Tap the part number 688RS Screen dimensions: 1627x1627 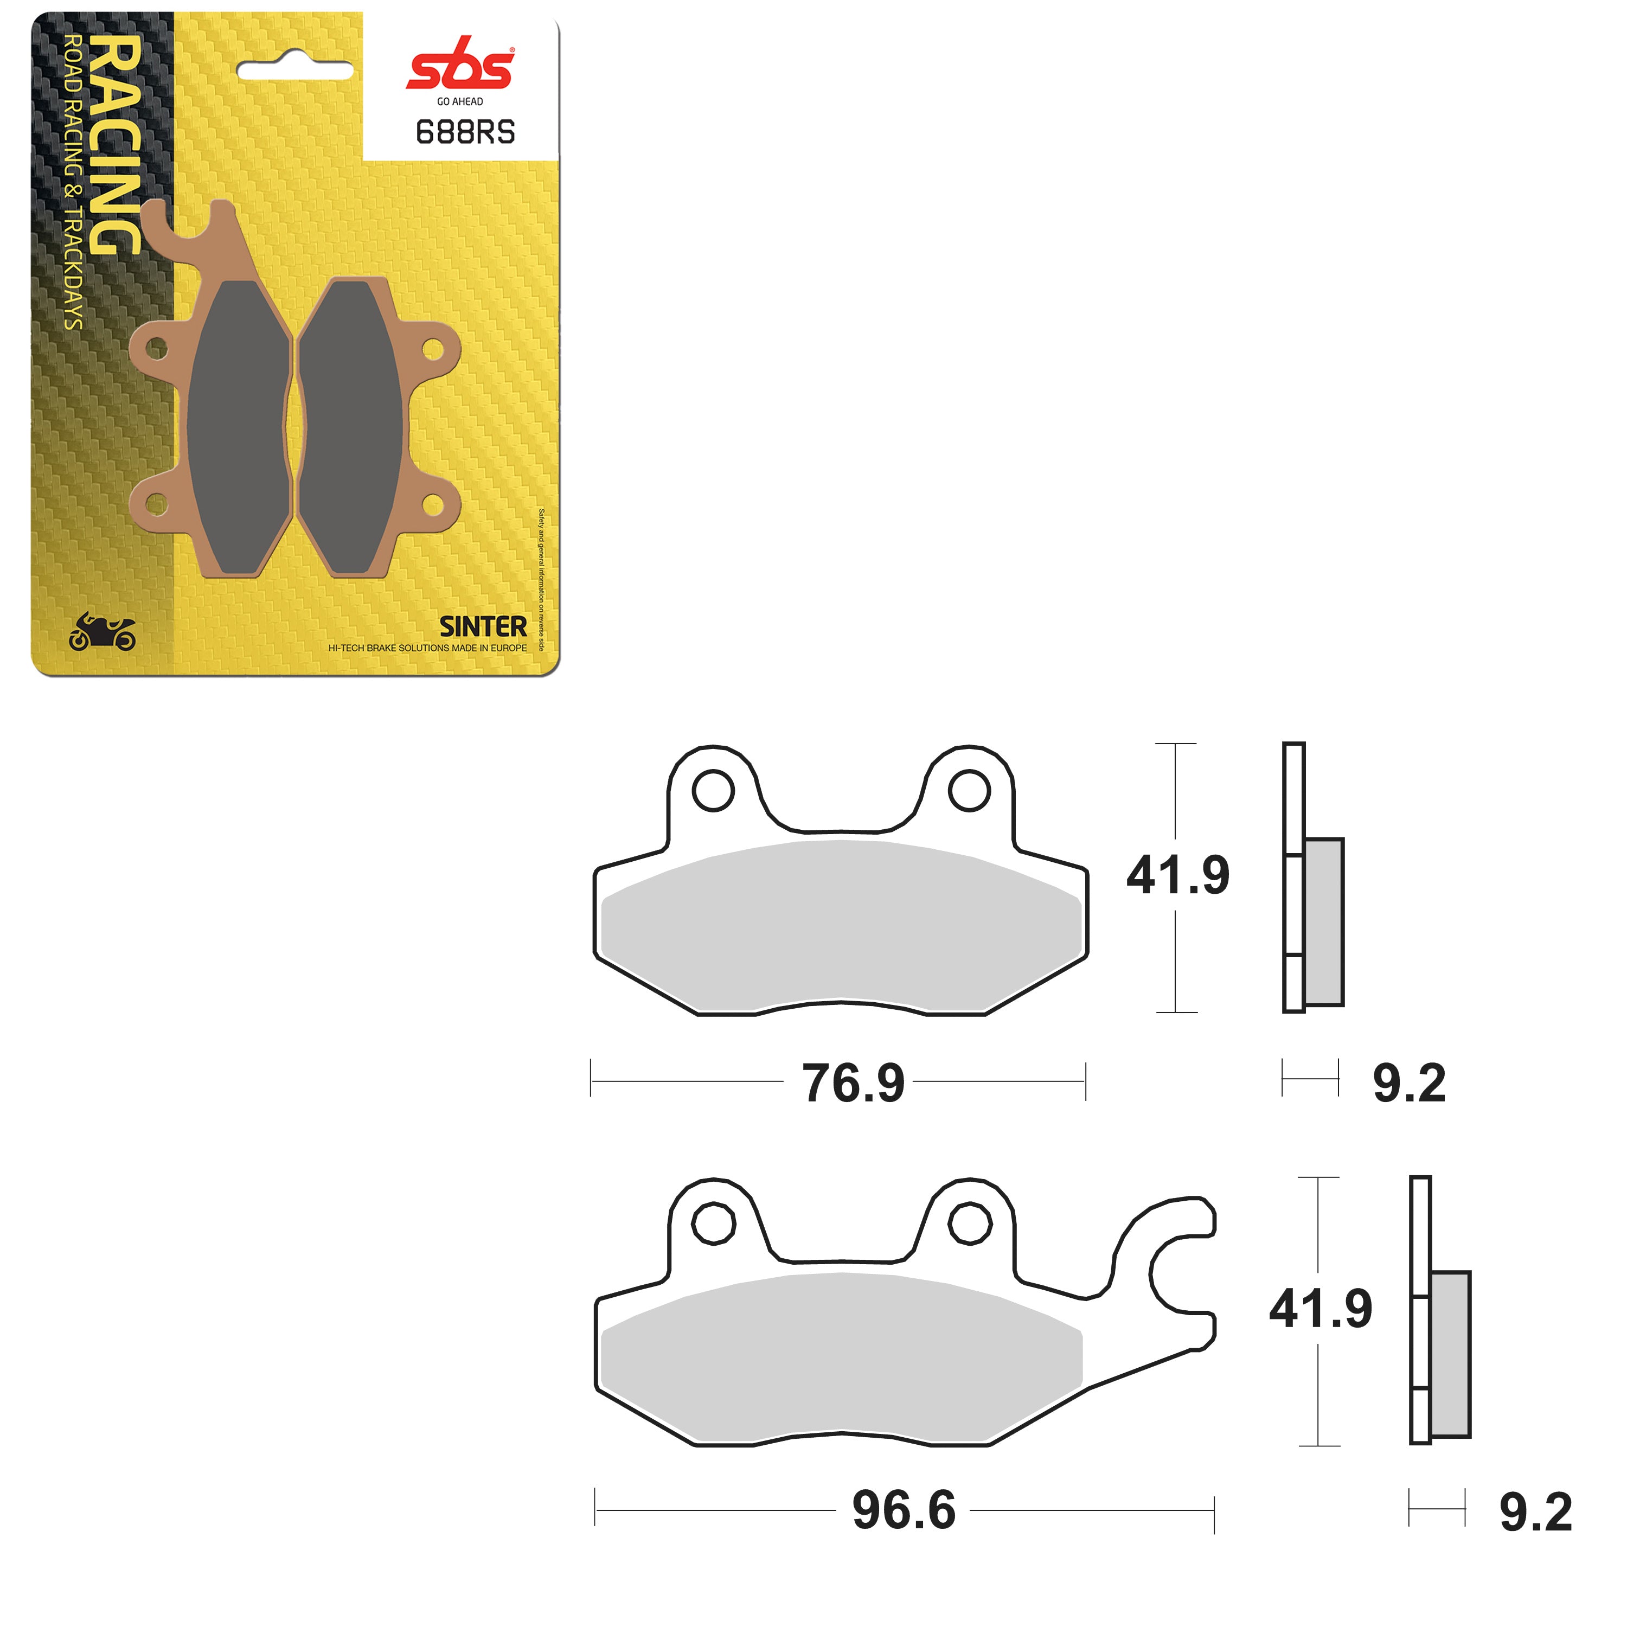pos(465,132)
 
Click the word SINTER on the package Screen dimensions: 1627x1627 pos(483,626)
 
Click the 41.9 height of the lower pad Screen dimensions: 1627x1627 pos(1319,1309)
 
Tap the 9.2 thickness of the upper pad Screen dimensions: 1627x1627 pos(1409,1083)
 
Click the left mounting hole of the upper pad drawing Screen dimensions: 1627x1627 pos(713,791)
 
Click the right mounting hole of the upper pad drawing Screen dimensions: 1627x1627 pos(969,791)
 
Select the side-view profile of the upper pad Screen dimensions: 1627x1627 pos(1311,877)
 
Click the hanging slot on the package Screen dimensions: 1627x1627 pos(294,71)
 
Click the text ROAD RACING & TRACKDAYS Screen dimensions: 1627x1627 pos(73,181)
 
